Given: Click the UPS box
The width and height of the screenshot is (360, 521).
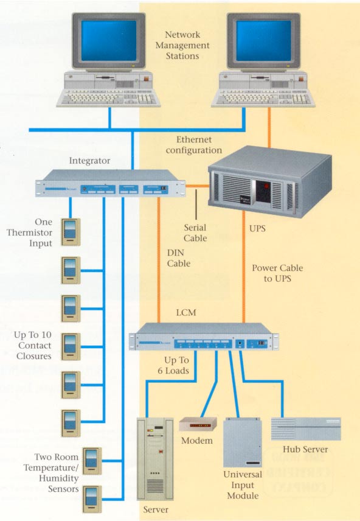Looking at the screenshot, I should [269, 179].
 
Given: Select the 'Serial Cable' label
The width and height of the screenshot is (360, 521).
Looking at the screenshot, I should [195, 233].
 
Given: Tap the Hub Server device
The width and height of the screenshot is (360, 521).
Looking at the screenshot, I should [305, 429].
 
